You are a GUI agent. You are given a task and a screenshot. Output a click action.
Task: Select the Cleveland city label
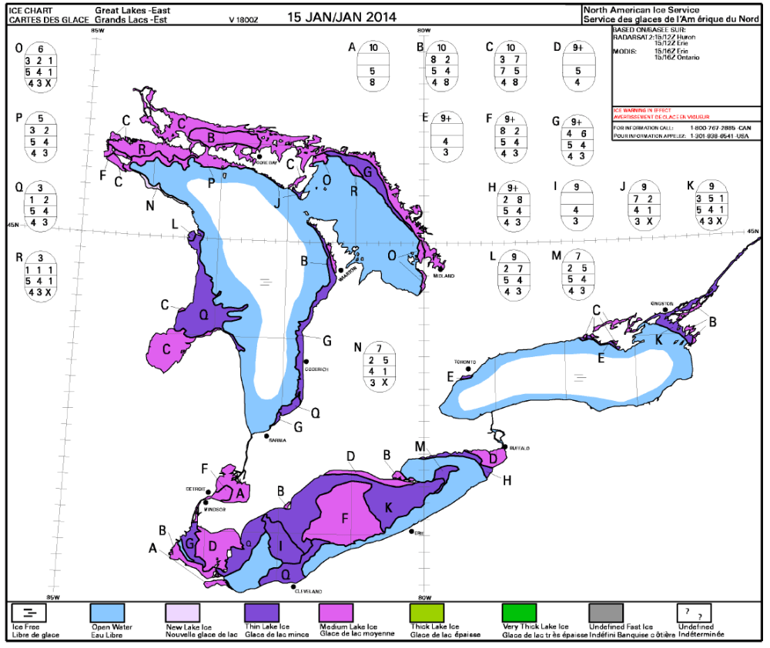click(307, 591)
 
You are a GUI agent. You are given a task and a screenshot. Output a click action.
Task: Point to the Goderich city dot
click(306, 361)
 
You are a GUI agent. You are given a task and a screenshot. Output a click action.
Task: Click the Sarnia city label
click(276, 439)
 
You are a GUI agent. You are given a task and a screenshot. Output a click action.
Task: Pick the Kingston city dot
click(665, 310)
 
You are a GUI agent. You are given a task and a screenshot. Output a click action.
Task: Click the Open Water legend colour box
click(112, 613)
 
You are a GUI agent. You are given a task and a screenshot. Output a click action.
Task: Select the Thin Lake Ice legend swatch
click(266, 613)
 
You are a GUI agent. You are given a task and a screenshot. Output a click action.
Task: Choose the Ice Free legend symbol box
click(29, 613)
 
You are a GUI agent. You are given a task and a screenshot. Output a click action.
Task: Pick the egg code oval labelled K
click(713, 204)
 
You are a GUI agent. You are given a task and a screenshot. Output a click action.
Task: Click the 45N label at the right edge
click(752, 231)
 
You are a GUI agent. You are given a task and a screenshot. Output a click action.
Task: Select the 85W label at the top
click(97, 29)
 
